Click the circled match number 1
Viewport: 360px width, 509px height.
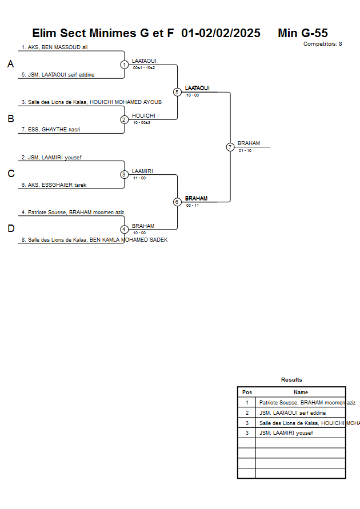124,65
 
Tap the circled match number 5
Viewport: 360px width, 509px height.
177,92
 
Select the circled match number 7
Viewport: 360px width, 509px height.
230,147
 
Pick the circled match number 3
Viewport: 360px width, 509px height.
124,174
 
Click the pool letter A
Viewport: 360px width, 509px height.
10,65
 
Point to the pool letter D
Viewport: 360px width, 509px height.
10,229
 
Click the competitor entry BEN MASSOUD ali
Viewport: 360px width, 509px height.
54,47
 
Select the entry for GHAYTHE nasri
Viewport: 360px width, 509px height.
51,130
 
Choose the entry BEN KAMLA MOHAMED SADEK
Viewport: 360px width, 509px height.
94,240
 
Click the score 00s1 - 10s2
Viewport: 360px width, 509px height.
144,68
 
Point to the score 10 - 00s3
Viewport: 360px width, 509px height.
142,123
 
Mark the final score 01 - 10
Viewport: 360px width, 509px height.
245,150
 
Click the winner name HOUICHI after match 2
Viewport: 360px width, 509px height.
143,116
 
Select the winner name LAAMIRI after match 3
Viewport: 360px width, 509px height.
142,171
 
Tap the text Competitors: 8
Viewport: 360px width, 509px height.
322,44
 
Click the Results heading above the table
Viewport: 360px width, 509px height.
291,380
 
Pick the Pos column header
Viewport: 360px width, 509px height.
247,392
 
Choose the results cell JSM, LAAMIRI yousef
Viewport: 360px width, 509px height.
286,432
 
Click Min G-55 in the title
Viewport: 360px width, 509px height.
302,33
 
